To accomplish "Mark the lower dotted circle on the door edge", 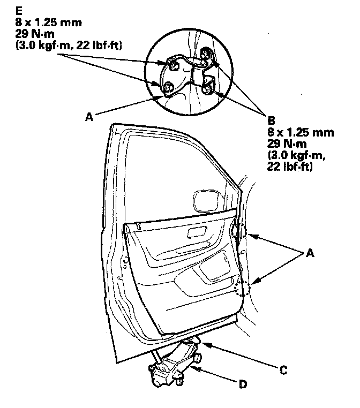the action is click(x=243, y=288).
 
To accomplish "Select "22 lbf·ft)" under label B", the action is click(x=290, y=168).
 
